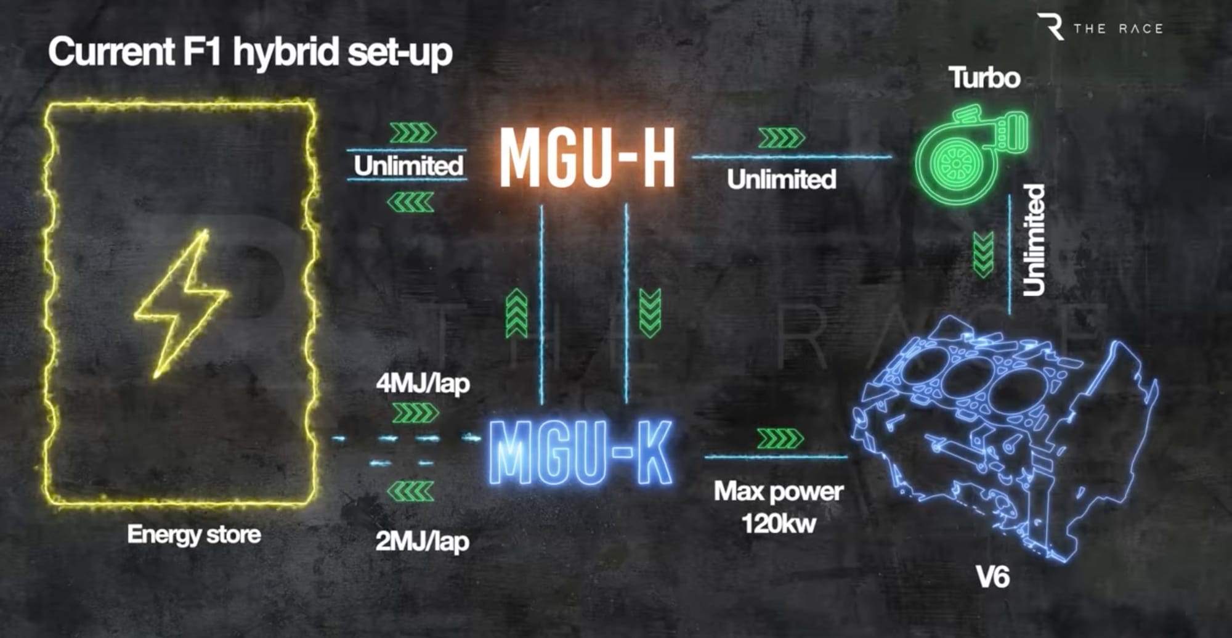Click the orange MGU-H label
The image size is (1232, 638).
pyautogui.click(x=587, y=157)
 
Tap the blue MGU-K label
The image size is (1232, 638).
pyautogui.click(x=580, y=453)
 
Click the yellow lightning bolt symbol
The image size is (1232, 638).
pyautogui.click(x=181, y=303)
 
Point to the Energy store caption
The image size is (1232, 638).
pyautogui.click(x=193, y=534)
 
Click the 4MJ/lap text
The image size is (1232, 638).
pyautogui.click(x=423, y=384)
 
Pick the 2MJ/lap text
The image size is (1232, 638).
pyautogui.click(x=422, y=542)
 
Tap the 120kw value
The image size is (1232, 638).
pyautogui.click(x=779, y=525)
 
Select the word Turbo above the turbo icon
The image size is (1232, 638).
pyautogui.click(x=984, y=78)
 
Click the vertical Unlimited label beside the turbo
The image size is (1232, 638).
pyautogui.click(x=1034, y=240)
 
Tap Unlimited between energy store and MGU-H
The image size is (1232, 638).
pyautogui.click(x=408, y=166)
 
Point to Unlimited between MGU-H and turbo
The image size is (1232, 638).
pyautogui.click(x=781, y=179)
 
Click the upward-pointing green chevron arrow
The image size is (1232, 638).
pyautogui.click(x=516, y=314)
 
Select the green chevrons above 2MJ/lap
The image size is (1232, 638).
pyautogui.click(x=410, y=491)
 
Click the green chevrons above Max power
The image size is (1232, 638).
pyautogui.click(x=780, y=439)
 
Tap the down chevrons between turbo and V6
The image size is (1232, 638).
pyautogui.click(x=983, y=254)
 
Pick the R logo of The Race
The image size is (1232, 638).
pyautogui.click(x=1051, y=27)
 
